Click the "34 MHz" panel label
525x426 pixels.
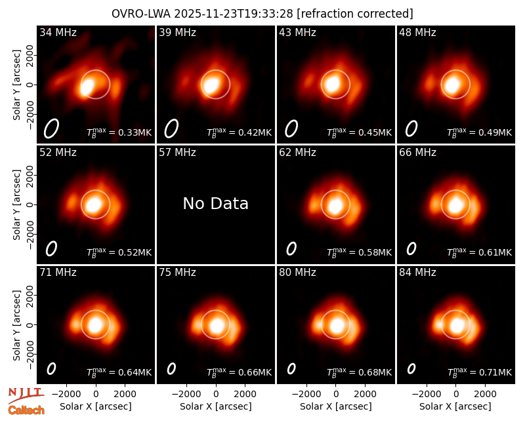point(58,32)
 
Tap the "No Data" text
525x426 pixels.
point(216,203)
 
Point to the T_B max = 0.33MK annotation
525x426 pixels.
point(119,132)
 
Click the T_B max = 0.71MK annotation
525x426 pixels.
point(480,372)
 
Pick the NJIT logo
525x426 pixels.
point(26,395)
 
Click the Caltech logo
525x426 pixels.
point(26,410)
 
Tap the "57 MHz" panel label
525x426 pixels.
point(177,153)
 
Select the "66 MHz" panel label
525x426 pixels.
point(417,153)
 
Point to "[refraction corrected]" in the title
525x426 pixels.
point(355,14)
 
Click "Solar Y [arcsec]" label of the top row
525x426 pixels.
point(16,85)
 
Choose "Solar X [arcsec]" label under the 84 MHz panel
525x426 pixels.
point(455,406)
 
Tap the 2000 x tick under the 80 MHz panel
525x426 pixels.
point(366,394)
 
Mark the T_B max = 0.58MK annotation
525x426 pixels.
point(359,252)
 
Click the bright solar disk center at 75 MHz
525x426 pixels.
point(217,324)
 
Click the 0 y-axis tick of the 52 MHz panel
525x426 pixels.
point(30,204)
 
